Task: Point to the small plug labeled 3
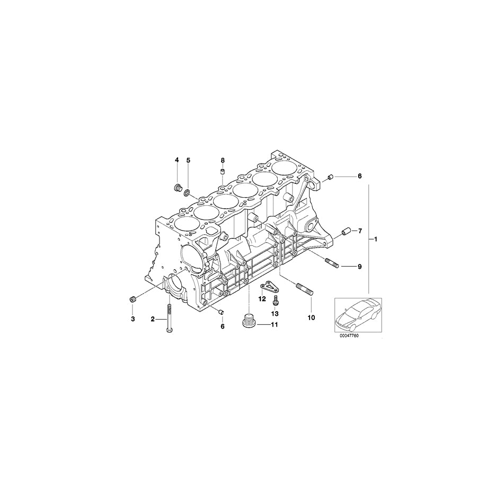click(x=133, y=301)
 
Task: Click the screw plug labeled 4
click(x=177, y=187)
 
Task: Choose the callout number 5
click(x=188, y=160)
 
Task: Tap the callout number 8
click(x=223, y=160)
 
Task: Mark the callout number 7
click(x=359, y=231)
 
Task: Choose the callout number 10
click(x=311, y=318)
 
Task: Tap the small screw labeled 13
click(x=276, y=301)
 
